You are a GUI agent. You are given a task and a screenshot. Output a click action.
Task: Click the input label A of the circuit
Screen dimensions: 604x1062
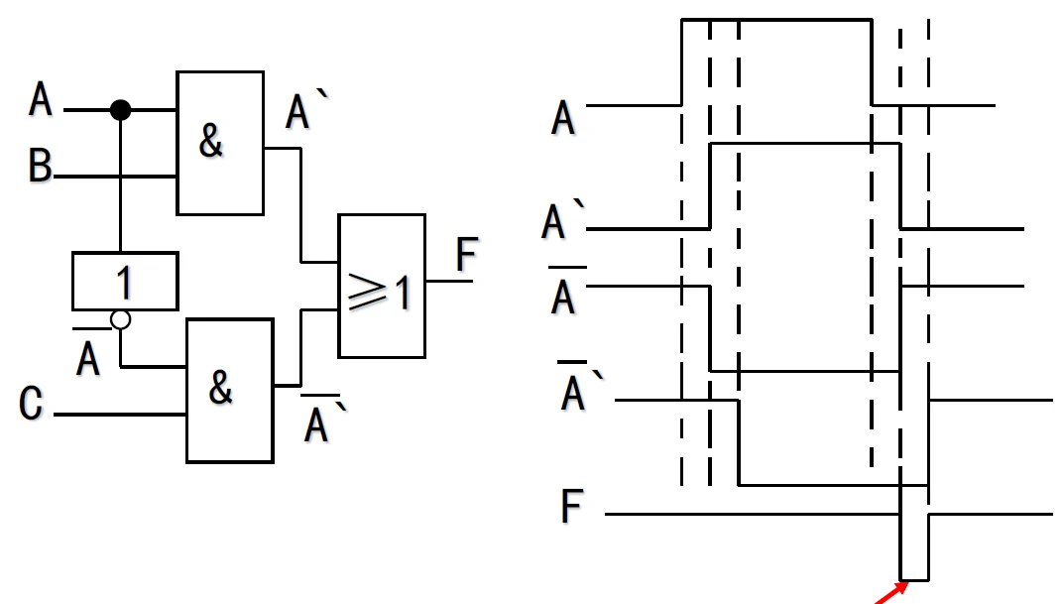point(40,100)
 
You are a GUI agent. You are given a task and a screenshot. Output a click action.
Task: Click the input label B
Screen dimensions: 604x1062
point(40,167)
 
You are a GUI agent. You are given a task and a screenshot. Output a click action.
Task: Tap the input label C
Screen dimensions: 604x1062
point(31,405)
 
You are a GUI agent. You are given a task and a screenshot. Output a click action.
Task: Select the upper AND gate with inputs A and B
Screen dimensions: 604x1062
point(220,143)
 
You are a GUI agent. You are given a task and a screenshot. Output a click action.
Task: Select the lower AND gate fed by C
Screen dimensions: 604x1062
point(229,390)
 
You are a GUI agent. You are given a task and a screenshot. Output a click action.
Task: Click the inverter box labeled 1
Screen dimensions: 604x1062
point(125,281)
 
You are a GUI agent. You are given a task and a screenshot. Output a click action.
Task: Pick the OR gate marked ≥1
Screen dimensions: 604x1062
point(382,285)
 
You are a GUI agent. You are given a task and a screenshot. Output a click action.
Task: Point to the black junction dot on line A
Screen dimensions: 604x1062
point(120,109)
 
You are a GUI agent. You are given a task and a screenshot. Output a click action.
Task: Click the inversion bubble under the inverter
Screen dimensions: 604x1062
point(120,320)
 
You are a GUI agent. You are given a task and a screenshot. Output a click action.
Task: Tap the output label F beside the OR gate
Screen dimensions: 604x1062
point(466,257)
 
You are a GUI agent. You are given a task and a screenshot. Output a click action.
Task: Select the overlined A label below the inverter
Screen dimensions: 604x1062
point(88,356)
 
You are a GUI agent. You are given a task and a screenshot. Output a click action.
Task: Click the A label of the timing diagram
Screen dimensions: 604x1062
point(562,118)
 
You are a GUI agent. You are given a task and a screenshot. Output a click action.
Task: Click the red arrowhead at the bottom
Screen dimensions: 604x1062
point(901,588)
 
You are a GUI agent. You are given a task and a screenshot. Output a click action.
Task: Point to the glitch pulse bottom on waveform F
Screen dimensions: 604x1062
point(914,579)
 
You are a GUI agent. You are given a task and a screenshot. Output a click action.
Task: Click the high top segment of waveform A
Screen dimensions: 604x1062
point(775,19)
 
